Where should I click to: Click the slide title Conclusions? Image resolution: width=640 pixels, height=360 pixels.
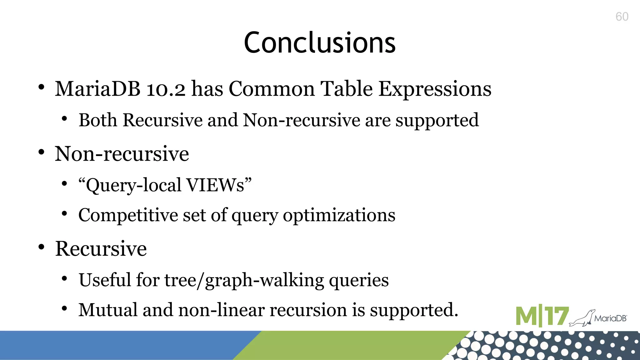pos(320,43)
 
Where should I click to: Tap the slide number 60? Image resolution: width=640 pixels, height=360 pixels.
pos(622,17)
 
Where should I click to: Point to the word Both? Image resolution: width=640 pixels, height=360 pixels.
pos(98,120)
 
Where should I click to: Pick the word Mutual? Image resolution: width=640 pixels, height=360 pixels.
pos(108,310)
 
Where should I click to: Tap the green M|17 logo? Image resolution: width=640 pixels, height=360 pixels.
pos(542,316)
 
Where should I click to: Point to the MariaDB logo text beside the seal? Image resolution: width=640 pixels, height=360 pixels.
pos(610,318)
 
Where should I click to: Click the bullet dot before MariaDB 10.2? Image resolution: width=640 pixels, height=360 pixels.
pos(41,87)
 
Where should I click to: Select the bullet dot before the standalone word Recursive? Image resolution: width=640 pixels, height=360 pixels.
pos(41,247)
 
